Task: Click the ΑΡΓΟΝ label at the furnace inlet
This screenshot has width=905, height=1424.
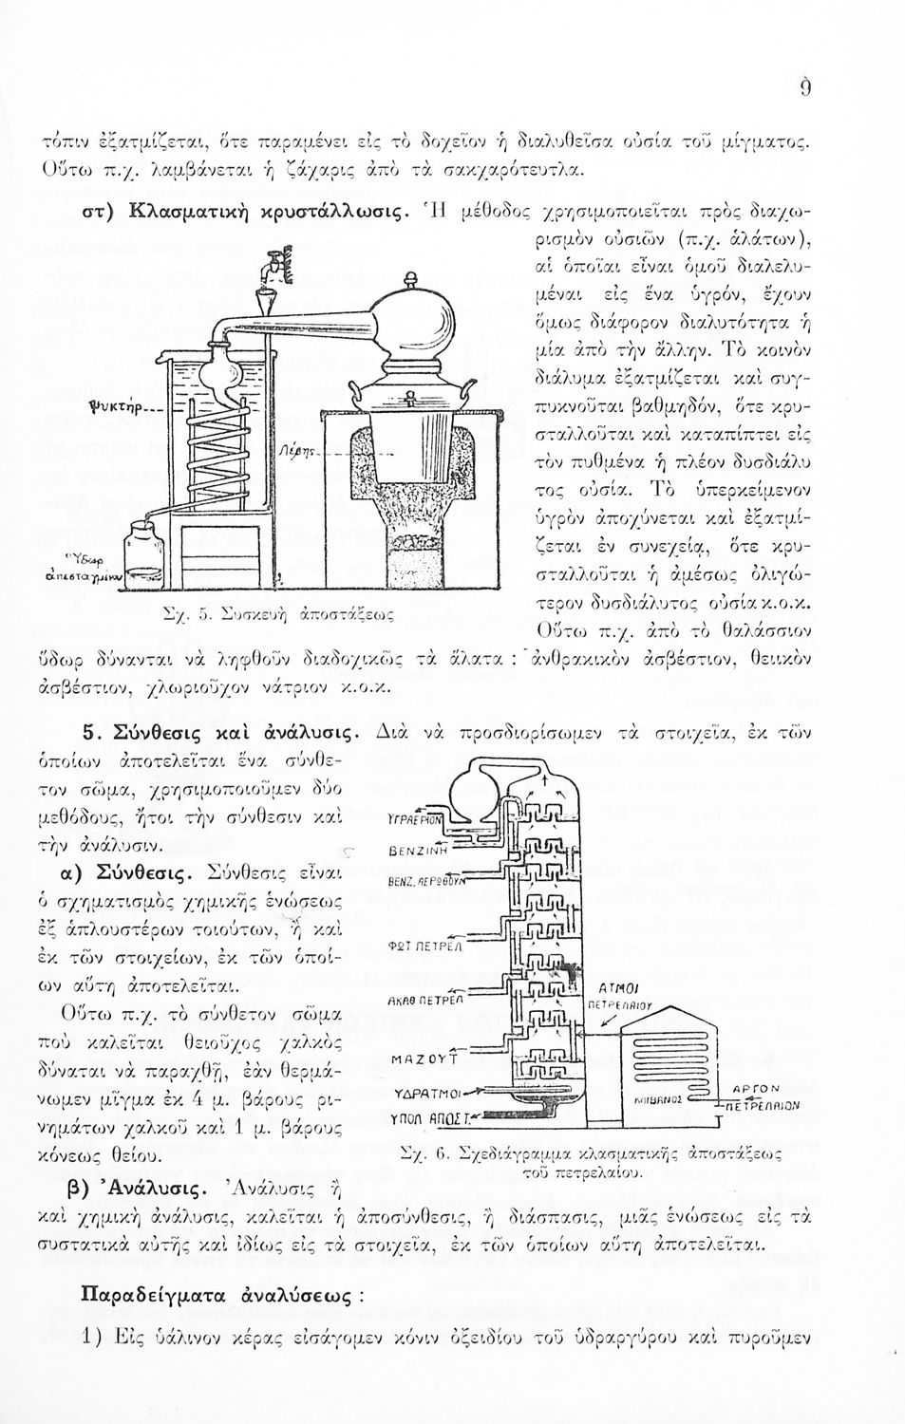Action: point(757,1090)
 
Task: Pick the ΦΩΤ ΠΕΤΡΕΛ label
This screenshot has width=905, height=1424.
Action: point(413,946)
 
